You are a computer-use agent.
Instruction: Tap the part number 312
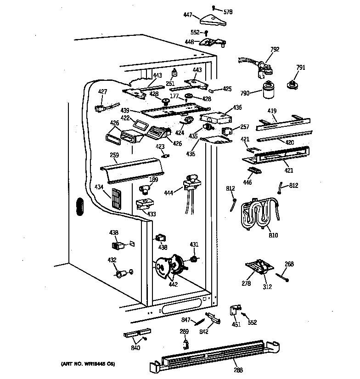tap(267, 287)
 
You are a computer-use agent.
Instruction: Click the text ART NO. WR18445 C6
tap(88, 364)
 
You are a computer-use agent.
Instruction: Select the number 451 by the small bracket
tap(236, 325)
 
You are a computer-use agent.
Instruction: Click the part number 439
tap(125, 111)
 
